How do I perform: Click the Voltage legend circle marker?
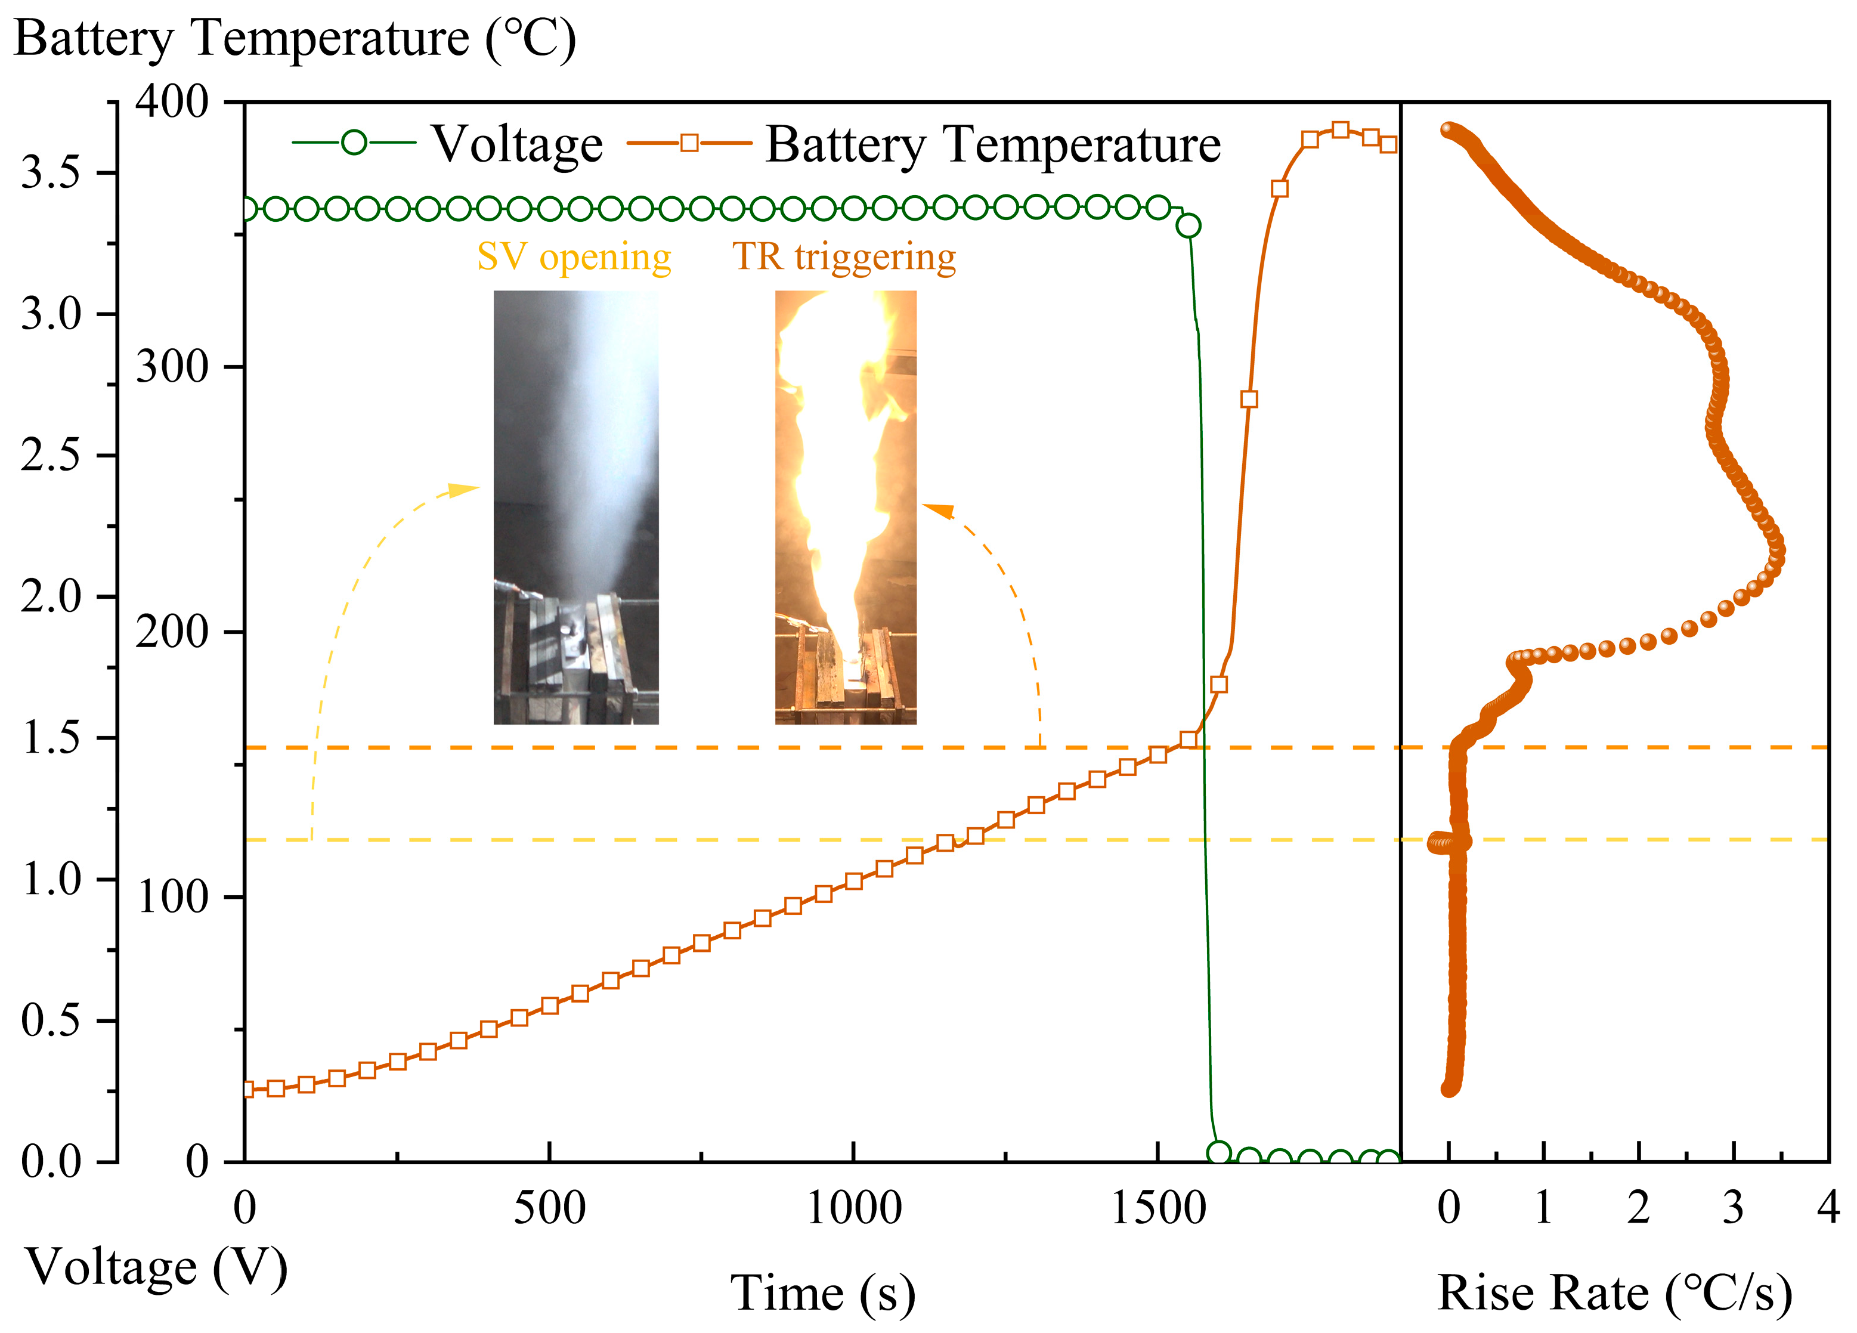tap(354, 143)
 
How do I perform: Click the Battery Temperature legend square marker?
tap(689, 143)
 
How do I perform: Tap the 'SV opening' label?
tap(574, 256)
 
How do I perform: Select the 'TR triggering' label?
tap(844, 256)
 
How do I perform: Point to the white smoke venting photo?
tap(575, 507)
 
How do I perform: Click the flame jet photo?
tap(846, 507)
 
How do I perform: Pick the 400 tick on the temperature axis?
tap(172, 103)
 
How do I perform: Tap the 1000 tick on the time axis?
tap(854, 1208)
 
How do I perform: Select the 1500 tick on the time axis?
tap(1157, 1208)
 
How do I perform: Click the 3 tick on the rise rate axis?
tap(1734, 1208)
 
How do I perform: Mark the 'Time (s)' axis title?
tap(823, 1294)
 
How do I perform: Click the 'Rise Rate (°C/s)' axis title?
tap(1615, 1294)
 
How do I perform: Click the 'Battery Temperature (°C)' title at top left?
tap(295, 39)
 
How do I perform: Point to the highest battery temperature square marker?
tap(1341, 130)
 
